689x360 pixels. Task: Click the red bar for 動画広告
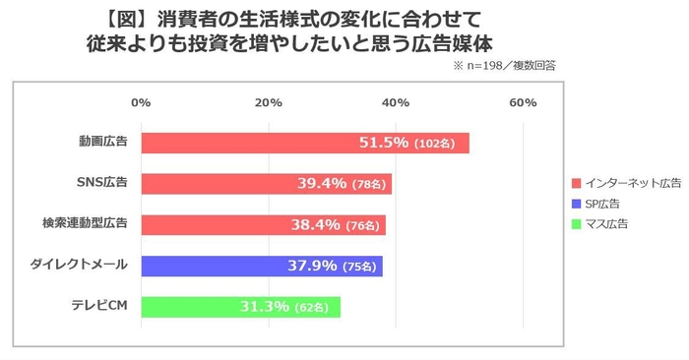(305, 143)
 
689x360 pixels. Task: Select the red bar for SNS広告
(266, 183)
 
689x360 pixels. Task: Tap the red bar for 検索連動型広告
(263, 224)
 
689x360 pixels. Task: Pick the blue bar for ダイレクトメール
(262, 266)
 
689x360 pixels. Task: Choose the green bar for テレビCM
(240, 307)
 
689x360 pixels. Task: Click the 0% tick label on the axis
(141, 103)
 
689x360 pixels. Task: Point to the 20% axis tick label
(268, 103)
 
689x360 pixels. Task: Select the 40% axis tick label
(396, 103)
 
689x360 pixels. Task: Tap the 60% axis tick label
(523, 103)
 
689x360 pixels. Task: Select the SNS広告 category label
(102, 183)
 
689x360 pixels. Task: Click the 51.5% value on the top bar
(383, 143)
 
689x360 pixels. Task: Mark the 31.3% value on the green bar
(264, 307)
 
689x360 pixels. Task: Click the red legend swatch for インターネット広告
(576, 183)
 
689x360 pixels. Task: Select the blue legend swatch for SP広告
(576, 204)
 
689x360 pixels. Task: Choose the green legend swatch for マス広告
(576, 224)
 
